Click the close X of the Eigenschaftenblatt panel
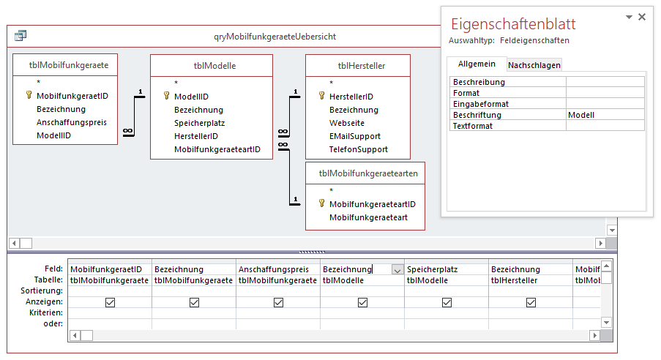tap(642, 17)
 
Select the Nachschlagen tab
tap(534, 65)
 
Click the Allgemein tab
tap(477, 64)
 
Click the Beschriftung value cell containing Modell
tap(605, 115)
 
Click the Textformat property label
tap(473, 126)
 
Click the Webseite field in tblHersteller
tap(346, 123)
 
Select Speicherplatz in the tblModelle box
tap(199, 123)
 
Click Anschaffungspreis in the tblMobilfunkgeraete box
tap(72, 122)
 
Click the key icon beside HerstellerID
tap(322, 96)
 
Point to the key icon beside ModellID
tap(167, 96)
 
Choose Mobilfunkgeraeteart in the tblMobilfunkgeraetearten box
tap(368, 217)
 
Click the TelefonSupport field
tap(359, 149)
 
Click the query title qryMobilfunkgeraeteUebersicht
tap(275, 36)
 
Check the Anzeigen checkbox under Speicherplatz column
tap(447, 302)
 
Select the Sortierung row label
tap(43, 291)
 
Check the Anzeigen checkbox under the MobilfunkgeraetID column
tap(110, 302)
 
